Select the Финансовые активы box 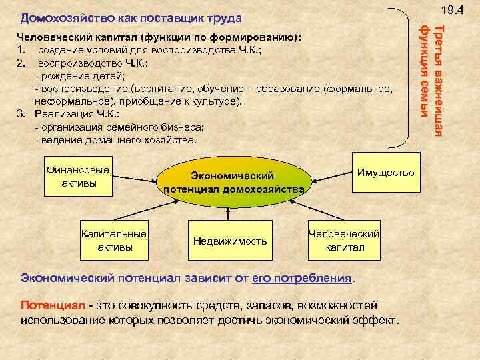coord(79,176)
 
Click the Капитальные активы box coord(114,241)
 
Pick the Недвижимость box coord(229,241)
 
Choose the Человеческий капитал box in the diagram coord(344,241)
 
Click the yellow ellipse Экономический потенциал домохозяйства coord(234,181)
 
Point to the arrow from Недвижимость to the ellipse coord(229,213)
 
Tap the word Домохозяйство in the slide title coord(59,17)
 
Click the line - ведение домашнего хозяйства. coord(115,140)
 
